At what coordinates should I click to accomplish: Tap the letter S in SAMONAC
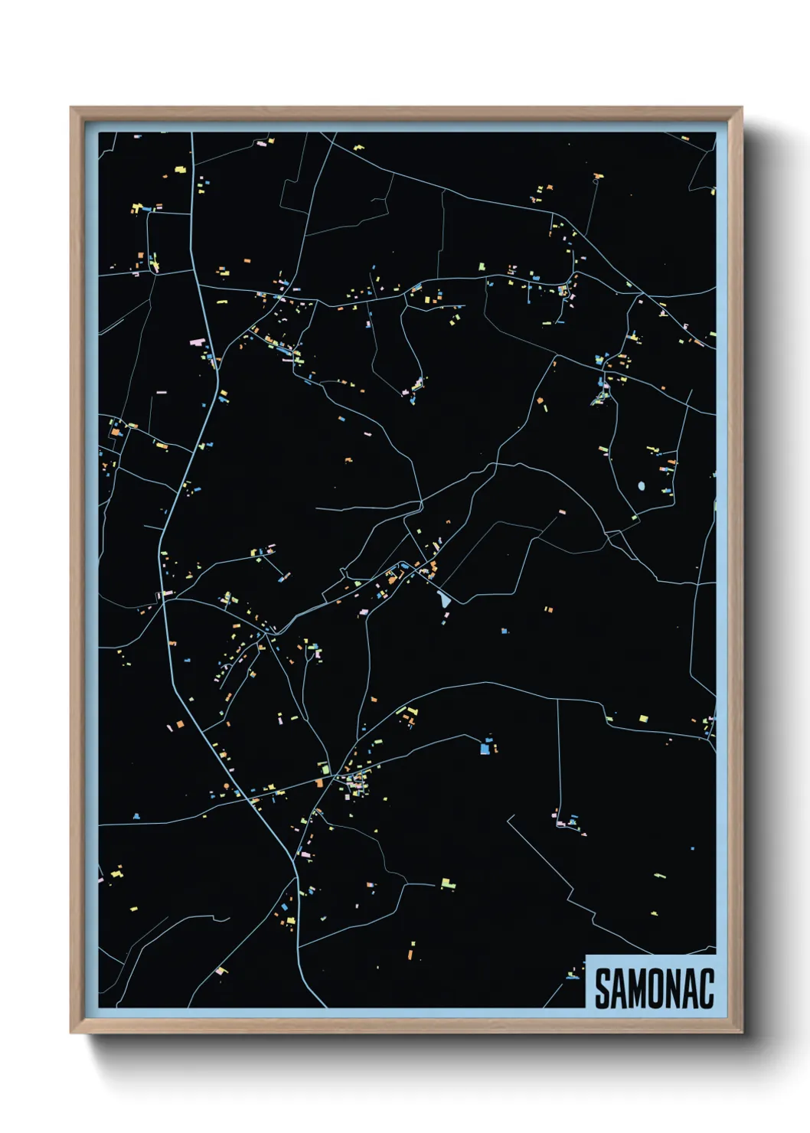603,989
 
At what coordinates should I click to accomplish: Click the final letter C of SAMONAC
707,989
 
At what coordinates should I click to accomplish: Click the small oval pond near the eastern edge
641,485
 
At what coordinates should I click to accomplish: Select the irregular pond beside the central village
443,599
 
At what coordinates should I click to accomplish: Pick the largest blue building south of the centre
485,748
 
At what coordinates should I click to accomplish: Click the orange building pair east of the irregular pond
547,609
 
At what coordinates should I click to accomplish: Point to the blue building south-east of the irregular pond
504,631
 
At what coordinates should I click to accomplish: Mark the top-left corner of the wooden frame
71,108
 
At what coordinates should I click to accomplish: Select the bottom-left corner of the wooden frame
71,1033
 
